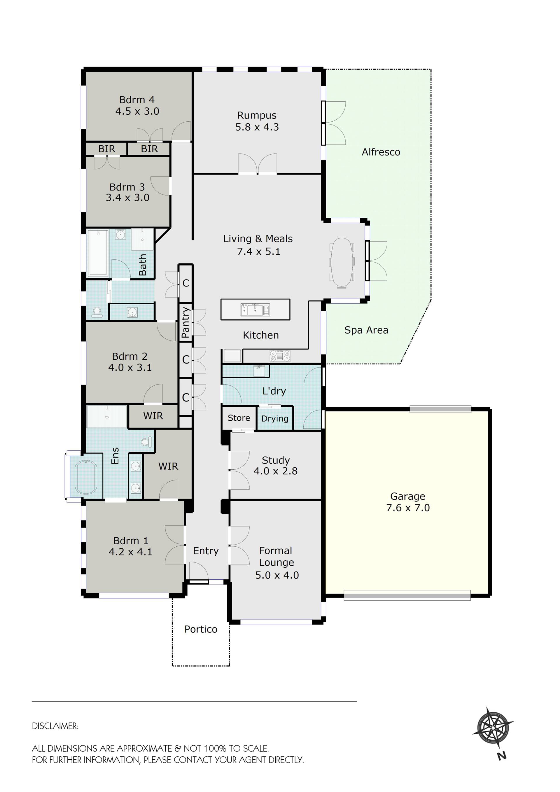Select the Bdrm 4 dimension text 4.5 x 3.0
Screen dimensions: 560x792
[x=137, y=111]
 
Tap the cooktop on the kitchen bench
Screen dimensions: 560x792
[x=280, y=356]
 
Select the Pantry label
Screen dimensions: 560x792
[x=185, y=323]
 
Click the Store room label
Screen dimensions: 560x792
[x=239, y=418]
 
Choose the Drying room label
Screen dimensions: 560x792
[x=275, y=418]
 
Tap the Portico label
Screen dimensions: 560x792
[x=201, y=629]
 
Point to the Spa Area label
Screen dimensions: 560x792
[x=366, y=330]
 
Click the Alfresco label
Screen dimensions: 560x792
[x=381, y=152]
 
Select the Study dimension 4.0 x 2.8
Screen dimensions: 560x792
[x=276, y=471]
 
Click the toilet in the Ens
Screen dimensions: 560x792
[x=147, y=442]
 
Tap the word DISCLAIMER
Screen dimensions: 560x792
[x=55, y=726]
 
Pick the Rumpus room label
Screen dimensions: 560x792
[x=257, y=115]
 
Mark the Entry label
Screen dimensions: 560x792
[x=206, y=551]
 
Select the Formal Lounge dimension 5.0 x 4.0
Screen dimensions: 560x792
[x=277, y=575]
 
